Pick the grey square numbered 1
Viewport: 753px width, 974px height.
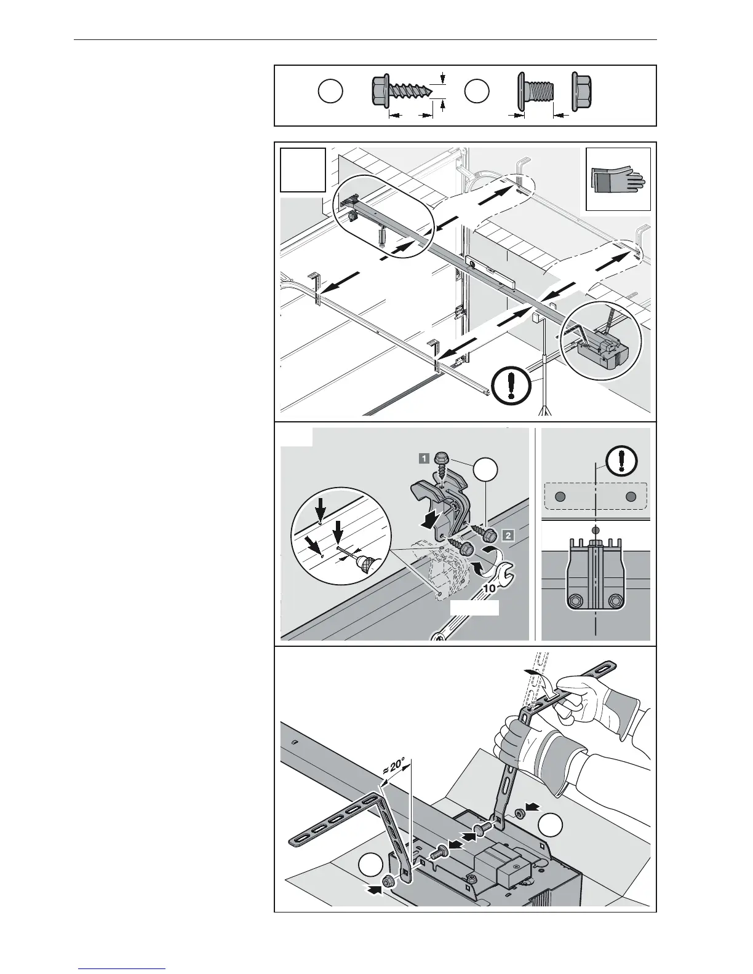pos(424,457)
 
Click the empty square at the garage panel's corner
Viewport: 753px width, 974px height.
pos(302,170)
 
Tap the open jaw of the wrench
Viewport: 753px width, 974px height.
pos(507,576)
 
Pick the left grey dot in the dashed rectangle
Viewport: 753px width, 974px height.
pos(560,497)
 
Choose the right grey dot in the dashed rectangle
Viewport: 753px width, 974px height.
pos(629,497)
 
